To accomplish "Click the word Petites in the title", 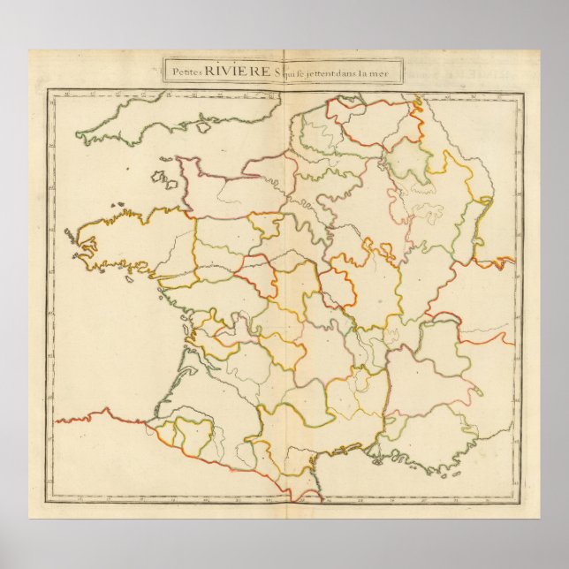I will (x=186, y=71).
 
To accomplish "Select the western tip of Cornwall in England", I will (x=80, y=137).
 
